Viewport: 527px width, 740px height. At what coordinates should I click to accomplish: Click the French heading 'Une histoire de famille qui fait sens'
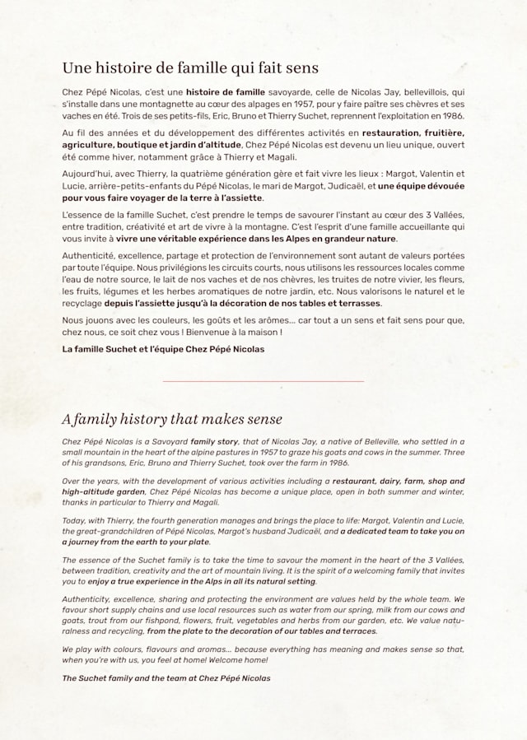click(190, 67)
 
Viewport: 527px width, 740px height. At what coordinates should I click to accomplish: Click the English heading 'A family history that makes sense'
click(172, 420)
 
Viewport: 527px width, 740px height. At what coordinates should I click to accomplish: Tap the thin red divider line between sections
click(263, 381)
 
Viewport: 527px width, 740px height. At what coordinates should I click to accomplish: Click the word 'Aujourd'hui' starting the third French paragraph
click(86, 174)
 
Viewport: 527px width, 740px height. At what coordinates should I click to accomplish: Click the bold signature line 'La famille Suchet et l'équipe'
click(163, 349)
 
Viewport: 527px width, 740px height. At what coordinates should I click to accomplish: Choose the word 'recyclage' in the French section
click(82, 303)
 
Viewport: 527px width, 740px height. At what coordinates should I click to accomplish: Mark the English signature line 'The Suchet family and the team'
click(166, 678)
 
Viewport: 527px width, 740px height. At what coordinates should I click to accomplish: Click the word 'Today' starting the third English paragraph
click(74, 520)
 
